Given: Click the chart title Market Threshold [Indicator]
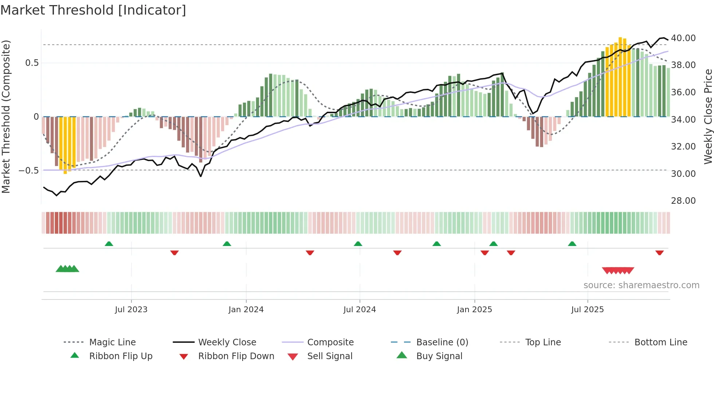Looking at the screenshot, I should (x=93, y=10).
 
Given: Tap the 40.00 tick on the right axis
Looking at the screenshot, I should (x=683, y=38).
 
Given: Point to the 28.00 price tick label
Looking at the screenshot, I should (x=683, y=201).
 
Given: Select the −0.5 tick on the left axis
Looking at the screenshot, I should (x=29, y=171).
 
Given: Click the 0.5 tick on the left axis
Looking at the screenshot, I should (x=32, y=63).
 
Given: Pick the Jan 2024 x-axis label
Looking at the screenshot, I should (x=246, y=310).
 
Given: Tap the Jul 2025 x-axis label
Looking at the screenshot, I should (x=587, y=310).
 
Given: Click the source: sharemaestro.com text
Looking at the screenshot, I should (x=641, y=285).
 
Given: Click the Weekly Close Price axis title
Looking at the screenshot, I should (x=708, y=116).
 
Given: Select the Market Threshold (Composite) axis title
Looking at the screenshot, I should (x=6, y=116).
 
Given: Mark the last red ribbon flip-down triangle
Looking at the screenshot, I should (x=659, y=253).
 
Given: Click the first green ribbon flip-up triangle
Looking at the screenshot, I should (x=109, y=244).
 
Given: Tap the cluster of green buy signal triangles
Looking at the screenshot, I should (x=67, y=269).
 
